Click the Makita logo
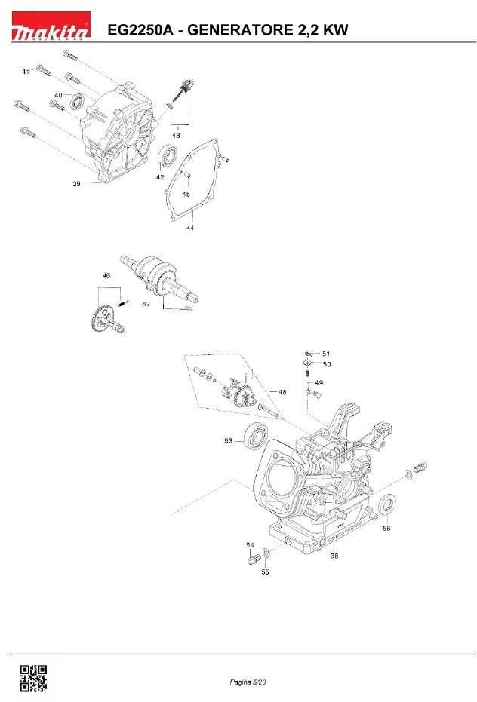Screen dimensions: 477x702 (51, 26)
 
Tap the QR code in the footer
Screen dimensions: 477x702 (34, 679)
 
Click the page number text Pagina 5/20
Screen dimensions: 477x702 (248, 682)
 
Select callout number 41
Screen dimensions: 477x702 (26, 72)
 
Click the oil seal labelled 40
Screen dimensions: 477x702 (77, 102)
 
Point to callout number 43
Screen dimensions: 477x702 (176, 135)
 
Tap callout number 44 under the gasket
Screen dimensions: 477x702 (190, 228)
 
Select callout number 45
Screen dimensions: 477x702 (186, 194)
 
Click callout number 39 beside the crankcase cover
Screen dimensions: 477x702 (77, 183)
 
